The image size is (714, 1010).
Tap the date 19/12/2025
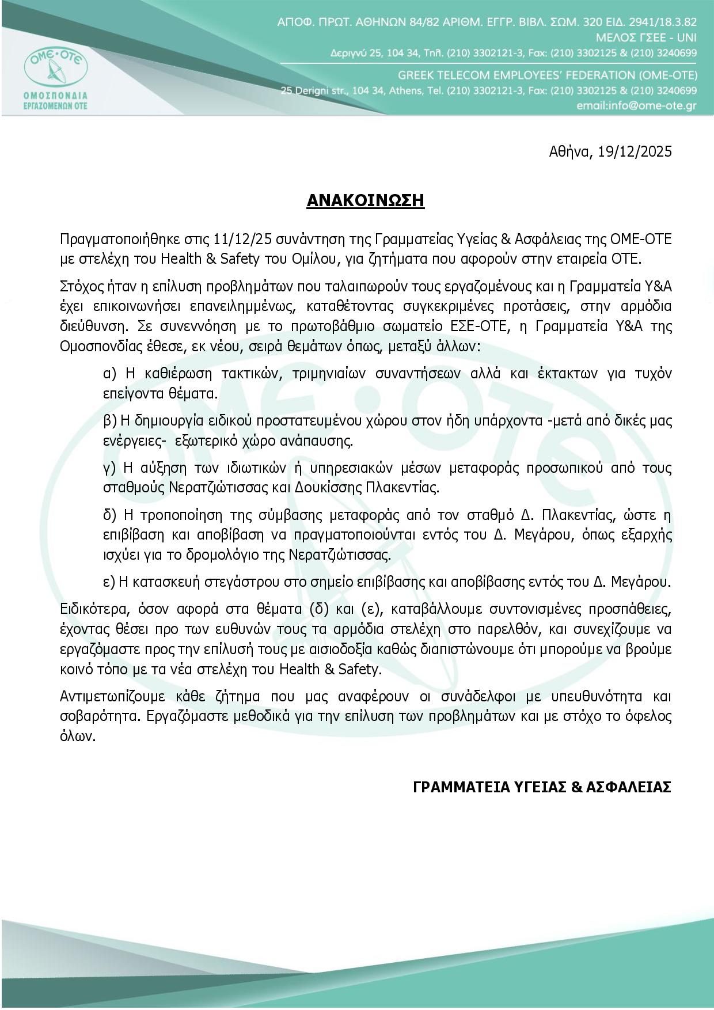tap(635, 151)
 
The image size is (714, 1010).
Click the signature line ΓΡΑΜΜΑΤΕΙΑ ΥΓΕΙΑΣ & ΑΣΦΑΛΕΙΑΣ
tap(542, 787)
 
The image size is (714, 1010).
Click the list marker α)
tap(110, 373)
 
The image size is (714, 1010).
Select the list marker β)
tap(110, 420)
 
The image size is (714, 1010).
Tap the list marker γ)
tap(109, 468)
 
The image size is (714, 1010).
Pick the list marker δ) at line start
tap(109, 515)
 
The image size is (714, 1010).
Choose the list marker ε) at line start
tap(109, 582)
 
